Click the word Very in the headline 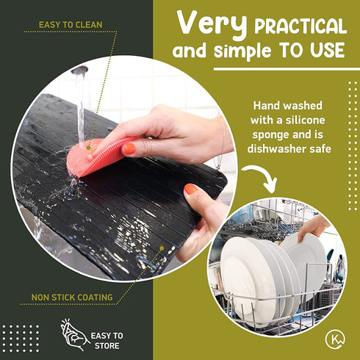coord(212,24)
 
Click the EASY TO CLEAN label coord(71,25)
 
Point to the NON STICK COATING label coord(72,298)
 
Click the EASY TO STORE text coord(107,340)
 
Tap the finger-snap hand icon coord(74,334)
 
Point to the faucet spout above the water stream coord(79,70)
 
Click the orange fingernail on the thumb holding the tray coord(191,189)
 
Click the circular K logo coord(335,339)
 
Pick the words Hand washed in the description coord(287,106)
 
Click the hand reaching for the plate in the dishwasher coord(314,226)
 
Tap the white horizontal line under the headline coord(287,69)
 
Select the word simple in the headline coord(242,51)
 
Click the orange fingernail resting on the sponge coord(129,148)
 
